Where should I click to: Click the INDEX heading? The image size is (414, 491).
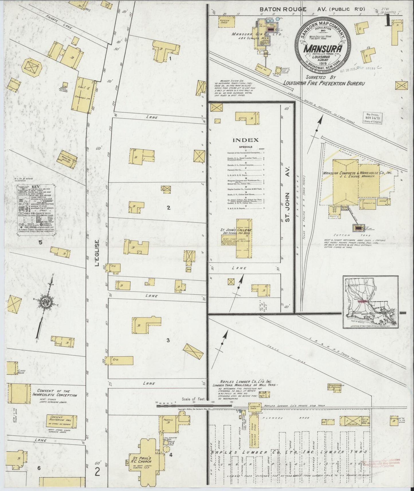tap(246, 140)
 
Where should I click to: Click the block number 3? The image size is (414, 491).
tap(168, 340)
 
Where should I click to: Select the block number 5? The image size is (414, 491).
tap(40, 243)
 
